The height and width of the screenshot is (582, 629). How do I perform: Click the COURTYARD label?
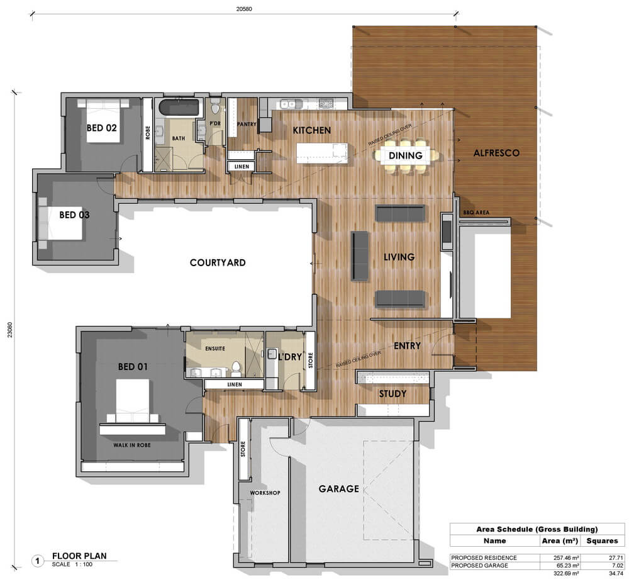218,262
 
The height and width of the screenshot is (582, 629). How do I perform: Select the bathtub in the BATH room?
179,108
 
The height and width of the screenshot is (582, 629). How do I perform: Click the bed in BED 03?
60,223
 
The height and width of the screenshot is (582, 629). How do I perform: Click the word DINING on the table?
405,155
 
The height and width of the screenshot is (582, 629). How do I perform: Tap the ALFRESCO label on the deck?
496,153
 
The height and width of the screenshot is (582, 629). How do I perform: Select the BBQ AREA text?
476,212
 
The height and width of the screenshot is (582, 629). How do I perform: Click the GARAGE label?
338,488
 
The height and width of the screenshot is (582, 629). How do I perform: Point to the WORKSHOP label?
265,493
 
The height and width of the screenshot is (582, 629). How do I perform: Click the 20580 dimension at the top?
244,9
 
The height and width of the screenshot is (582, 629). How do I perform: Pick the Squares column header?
602,540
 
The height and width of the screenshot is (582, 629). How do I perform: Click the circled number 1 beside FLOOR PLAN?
38,561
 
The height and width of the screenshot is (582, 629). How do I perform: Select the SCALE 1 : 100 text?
72,564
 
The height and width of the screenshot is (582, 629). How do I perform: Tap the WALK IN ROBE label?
132,445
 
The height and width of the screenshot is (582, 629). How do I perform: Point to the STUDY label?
392,394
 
